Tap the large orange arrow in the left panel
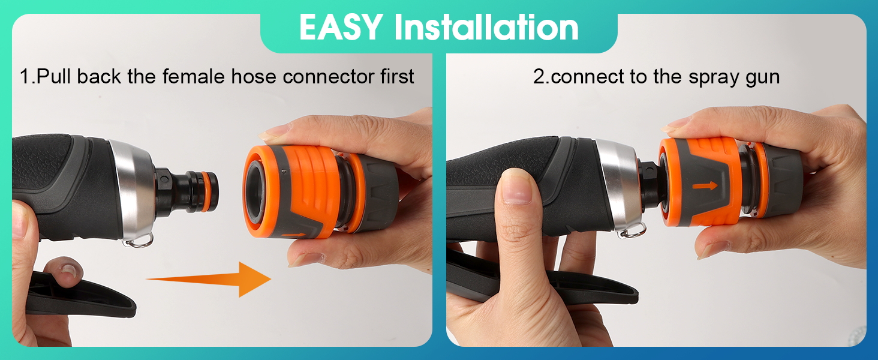pyautogui.click(x=209, y=279)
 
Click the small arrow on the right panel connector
pyautogui.click(x=705, y=185)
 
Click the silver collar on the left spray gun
pyautogui.click(x=133, y=190)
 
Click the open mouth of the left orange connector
pyautogui.click(x=256, y=191)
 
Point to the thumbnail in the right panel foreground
pyautogui.click(x=516, y=187)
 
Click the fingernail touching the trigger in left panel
pyautogui.click(x=70, y=270)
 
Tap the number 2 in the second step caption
pyautogui.click(x=539, y=76)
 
